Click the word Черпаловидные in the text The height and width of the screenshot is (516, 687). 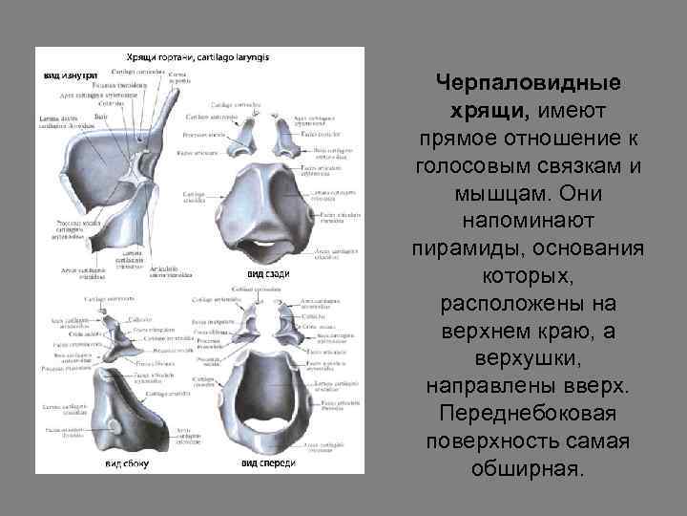tap(528, 83)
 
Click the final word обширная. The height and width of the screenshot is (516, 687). tap(528, 471)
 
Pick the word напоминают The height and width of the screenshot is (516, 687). tap(528, 222)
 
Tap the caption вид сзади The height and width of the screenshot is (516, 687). tap(268, 274)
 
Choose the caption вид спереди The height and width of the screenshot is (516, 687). tap(268, 463)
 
